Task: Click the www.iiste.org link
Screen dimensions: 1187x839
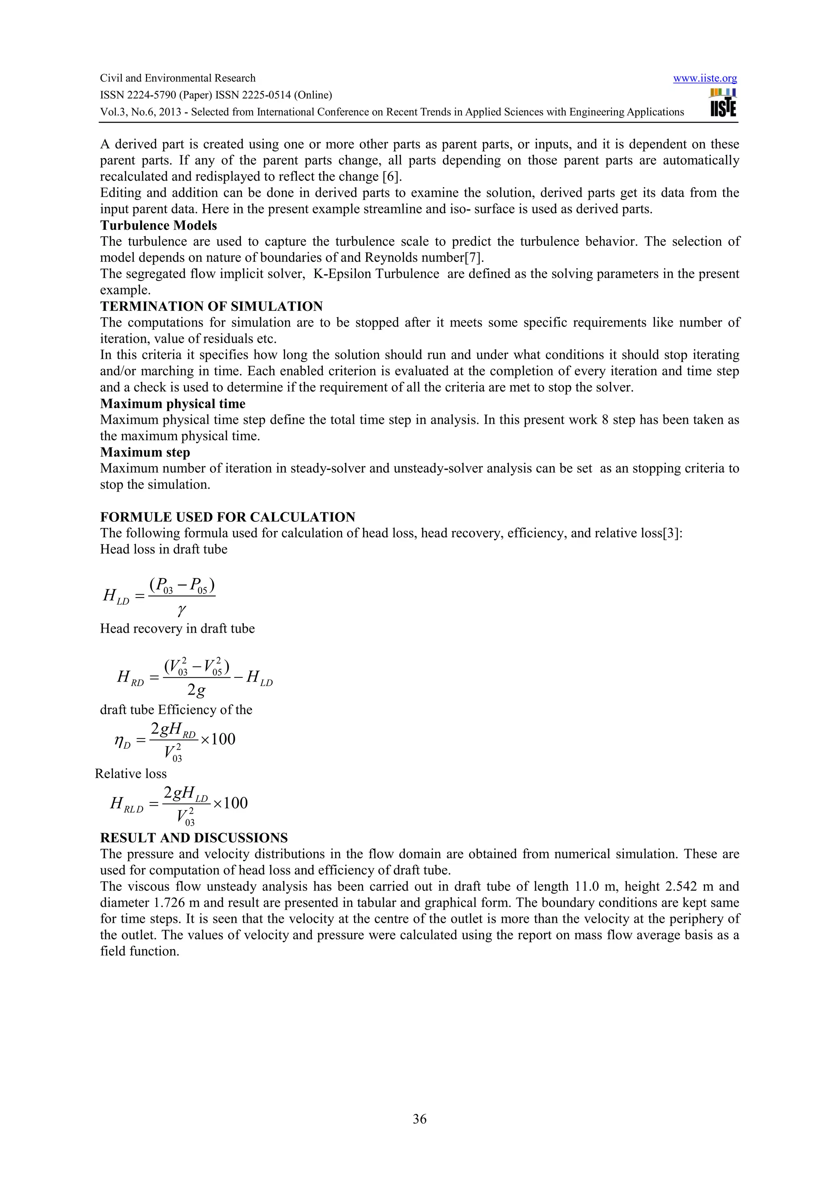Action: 705,79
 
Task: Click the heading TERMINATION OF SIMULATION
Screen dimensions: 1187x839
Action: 211,306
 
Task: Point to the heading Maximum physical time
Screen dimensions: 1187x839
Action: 172,404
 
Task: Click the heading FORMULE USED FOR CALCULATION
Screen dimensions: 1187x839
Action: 227,517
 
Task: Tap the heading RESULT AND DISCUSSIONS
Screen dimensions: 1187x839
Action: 194,838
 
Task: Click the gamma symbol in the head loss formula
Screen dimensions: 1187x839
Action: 181,611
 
